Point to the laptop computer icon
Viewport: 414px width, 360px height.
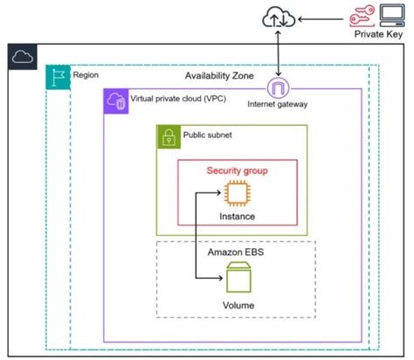click(x=394, y=15)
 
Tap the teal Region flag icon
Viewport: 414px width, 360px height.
click(x=57, y=75)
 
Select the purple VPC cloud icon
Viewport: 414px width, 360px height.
click(x=115, y=100)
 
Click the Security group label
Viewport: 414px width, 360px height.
click(x=236, y=170)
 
